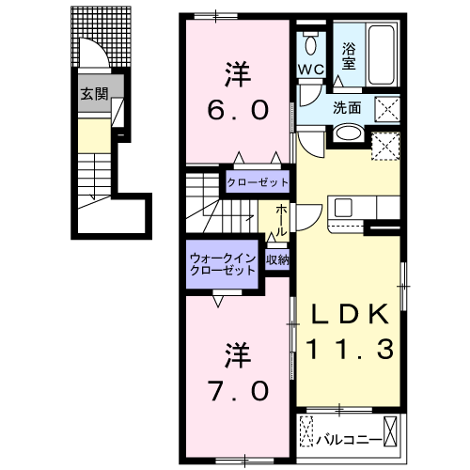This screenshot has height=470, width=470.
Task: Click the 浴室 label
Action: click(349, 56)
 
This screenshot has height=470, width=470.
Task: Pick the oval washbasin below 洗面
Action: click(348, 132)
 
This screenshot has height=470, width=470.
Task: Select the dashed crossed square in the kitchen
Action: click(384, 144)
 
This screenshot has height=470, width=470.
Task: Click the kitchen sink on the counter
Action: click(341, 207)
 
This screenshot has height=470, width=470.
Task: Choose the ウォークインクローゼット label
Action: click(223, 262)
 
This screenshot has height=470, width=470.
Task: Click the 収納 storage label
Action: click(276, 260)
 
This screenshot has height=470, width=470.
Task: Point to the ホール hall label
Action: click(281, 221)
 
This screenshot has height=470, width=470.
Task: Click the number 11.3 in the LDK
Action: click(349, 351)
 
